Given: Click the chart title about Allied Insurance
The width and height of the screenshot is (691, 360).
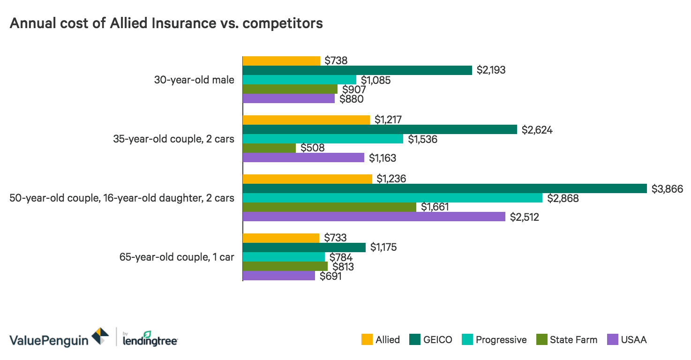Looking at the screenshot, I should pyautogui.click(x=166, y=23).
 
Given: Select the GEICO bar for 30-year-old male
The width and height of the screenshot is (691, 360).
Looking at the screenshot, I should pyautogui.click(x=357, y=70).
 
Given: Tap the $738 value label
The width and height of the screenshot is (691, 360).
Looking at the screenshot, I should pyautogui.click(x=336, y=60).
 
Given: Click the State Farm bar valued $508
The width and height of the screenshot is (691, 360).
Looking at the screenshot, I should pyautogui.click(x=269, y=148).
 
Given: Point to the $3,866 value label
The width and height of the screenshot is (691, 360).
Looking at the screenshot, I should pyautogui.click(x=667, y=189).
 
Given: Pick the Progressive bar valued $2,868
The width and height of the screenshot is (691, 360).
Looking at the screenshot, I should pyautogui.click(x=392, y=198).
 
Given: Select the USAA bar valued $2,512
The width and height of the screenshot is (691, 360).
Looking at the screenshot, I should pyautogui.click(x=374, y=217).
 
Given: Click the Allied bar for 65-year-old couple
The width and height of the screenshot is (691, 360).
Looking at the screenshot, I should pyautogui.click(x=281, y=238).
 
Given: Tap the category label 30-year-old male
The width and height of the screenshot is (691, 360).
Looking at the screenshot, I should pyautogui.click(x=194, y=80).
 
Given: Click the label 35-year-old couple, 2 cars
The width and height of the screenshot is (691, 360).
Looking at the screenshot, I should pyautogui.click(x=173, y=139).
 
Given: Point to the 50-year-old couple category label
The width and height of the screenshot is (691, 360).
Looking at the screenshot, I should pyautogui.click(x=122, y=198).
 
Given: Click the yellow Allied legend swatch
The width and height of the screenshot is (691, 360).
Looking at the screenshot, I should pyautogui.click(x=367, y=340).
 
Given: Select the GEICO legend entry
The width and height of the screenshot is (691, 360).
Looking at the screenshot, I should pyautogui.click(x=437, y=340).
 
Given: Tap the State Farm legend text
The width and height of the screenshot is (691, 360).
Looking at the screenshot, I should pyautogui.click(x=573, y=340).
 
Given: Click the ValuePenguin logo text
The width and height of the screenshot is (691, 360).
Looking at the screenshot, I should pyautogui.click(x=49, y=340).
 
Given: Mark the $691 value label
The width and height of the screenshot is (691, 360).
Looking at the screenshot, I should pyautogui.click(x=330, y=277).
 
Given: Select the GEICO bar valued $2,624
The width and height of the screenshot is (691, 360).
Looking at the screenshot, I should pyautogui.click(x=379, y=129).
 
